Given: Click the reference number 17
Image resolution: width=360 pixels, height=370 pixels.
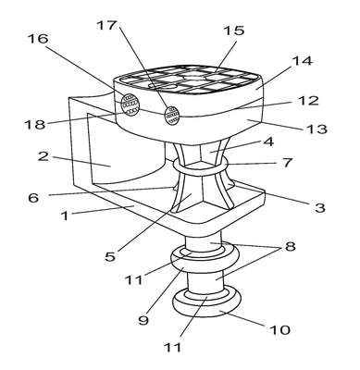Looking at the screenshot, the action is point(106,25).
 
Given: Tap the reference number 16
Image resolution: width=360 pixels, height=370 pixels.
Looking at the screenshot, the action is point(38,39).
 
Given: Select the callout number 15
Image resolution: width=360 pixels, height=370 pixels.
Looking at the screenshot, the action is point(234,31).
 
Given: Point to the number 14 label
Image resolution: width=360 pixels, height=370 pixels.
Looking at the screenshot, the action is point(303,60).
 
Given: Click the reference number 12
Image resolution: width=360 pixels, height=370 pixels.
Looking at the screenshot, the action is point(309,101).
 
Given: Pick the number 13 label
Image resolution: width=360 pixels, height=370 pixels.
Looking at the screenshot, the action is point(317,129).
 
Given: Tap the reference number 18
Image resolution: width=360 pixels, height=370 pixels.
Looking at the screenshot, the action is point(35,125).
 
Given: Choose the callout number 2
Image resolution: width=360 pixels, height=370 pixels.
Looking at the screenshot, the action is point(43,156).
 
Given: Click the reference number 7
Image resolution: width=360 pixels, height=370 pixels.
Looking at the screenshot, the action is point(287,163).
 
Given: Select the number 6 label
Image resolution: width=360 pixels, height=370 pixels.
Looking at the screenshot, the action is point(33,197).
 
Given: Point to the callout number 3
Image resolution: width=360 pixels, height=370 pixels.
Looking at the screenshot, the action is point(320,207).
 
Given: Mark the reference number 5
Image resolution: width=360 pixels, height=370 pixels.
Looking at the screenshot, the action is point(110,256).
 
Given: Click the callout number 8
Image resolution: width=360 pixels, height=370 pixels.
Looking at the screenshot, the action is point(290,247).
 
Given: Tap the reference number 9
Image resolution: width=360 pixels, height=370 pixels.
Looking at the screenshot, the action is point(143,320).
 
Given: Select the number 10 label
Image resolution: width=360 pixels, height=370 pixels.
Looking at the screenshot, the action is point(280,330).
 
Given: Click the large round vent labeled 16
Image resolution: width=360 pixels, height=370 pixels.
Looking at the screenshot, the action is point(130,104).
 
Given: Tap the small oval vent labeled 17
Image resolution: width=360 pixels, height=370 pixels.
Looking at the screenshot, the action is point(172,116).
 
